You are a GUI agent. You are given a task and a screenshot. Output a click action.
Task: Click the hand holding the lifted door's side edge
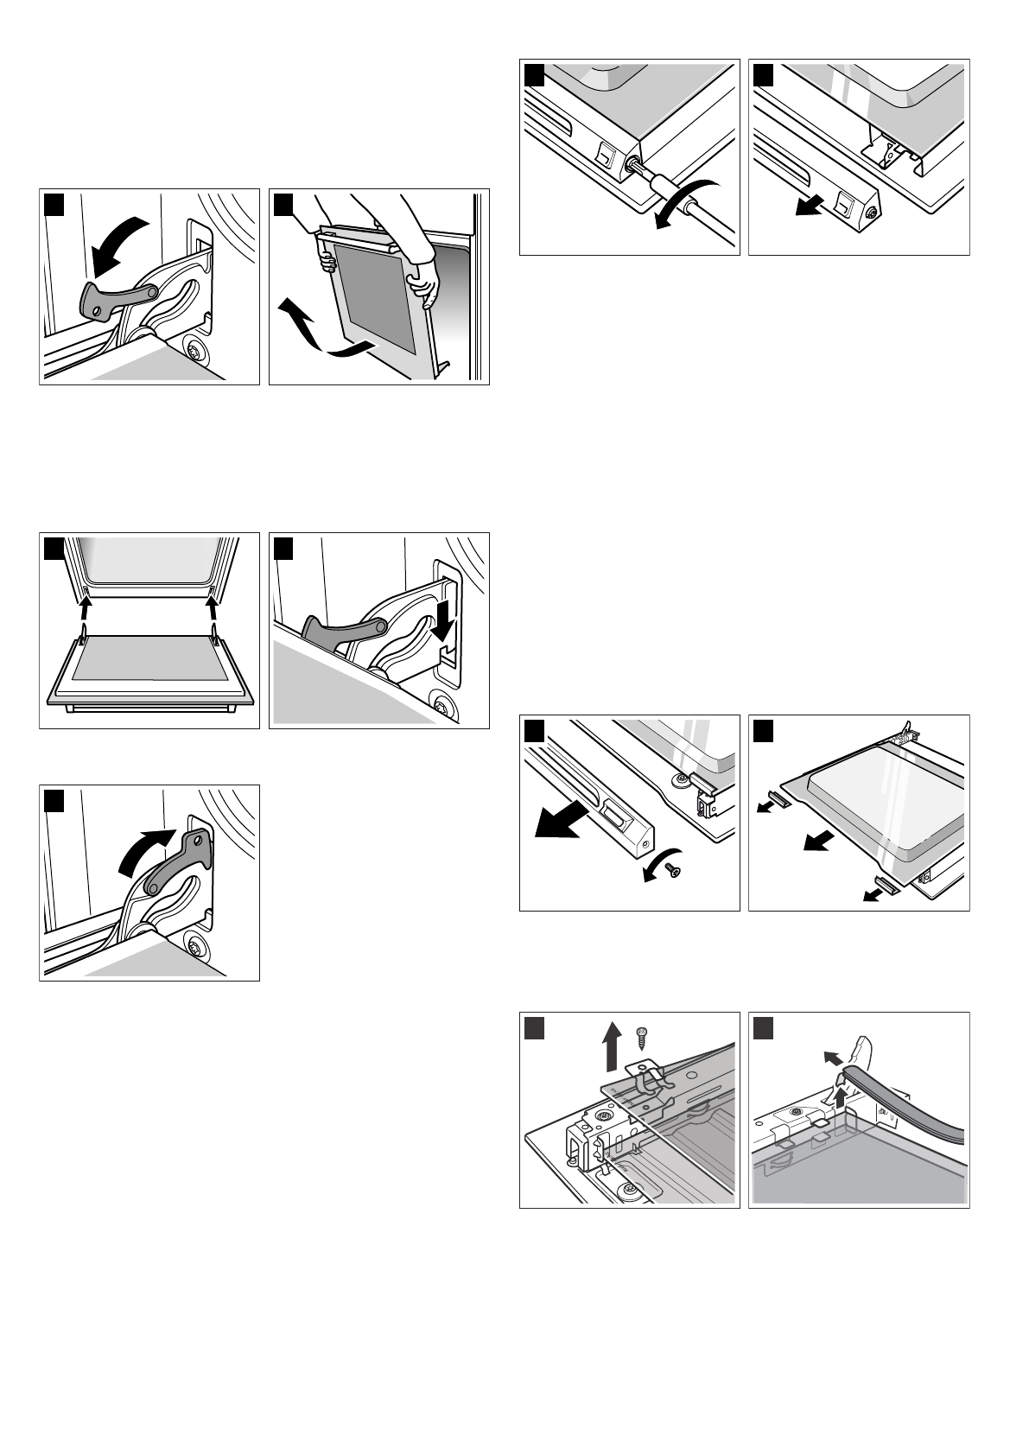pyautogui.click(x=424, y=286)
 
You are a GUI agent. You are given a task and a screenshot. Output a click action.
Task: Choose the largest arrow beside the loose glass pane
pyautogui.click(x=818, y=840)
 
